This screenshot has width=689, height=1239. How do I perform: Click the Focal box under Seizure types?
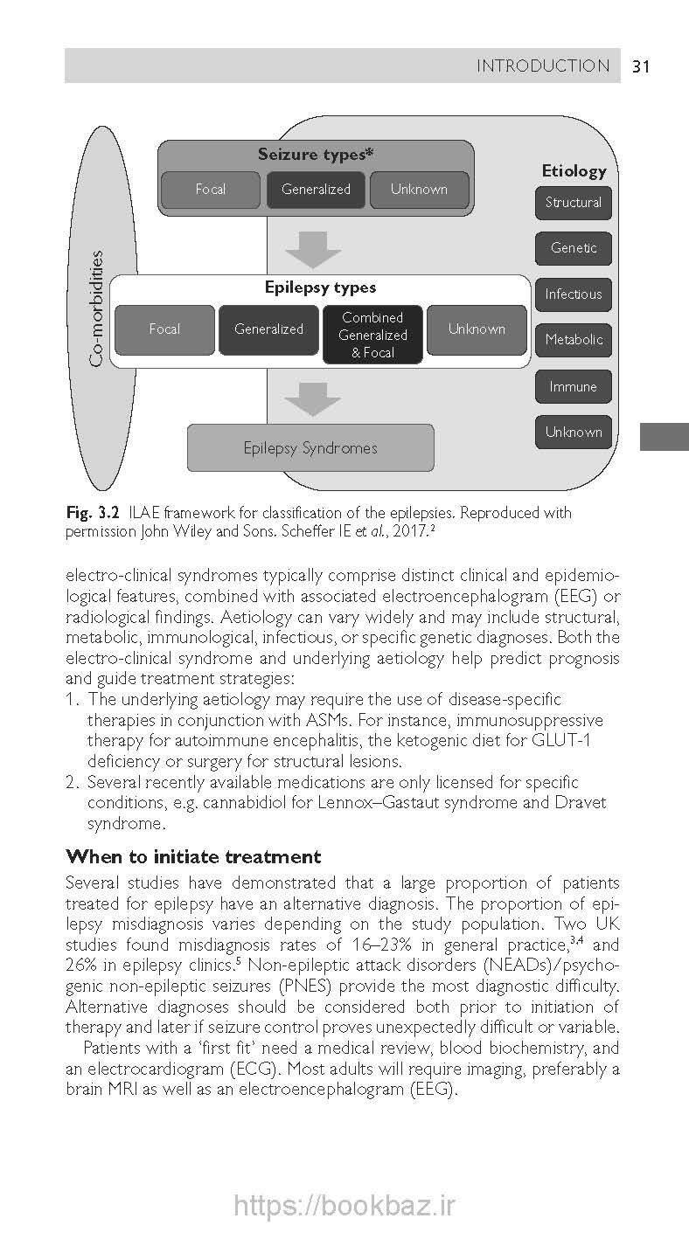(210, 190)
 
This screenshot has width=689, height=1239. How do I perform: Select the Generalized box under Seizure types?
(316, 190)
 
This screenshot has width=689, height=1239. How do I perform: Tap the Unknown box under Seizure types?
(419, 190)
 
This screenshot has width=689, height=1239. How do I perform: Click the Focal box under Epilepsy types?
(164, 329)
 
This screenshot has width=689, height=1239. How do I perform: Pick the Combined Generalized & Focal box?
(372, 335)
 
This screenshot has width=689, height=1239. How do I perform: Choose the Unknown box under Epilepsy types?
(477, 329)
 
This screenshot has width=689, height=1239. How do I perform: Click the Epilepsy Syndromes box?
(310, 448)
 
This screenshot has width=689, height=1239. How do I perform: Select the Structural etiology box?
(574, 203)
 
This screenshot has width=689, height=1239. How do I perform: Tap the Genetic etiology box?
(574, 248)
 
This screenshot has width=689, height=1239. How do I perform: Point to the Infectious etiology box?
(574, 294)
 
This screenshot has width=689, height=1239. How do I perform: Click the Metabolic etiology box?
(574, 340)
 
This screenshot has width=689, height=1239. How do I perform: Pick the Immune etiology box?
(574, 386)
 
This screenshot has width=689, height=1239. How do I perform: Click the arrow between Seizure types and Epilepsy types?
(313, 249)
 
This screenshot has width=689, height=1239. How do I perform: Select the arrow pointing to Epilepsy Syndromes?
(313, 398)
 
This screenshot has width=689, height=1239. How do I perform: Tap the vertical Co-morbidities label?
(97, 308)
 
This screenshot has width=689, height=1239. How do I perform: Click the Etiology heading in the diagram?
(574, 171)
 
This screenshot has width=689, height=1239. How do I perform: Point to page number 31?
(640, 66)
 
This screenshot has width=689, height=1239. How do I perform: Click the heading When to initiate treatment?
(193, 856)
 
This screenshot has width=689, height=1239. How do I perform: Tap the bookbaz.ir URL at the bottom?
(344, 1206)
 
